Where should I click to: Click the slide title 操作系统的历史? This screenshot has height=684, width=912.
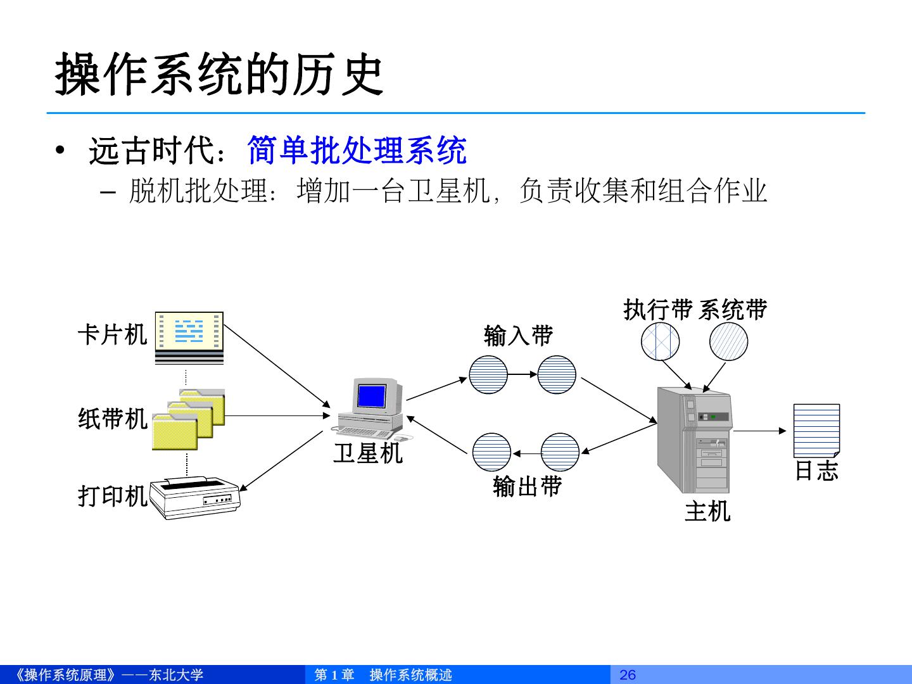[x=219, y=75]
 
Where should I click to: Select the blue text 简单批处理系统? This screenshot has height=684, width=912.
[x=357, y=151]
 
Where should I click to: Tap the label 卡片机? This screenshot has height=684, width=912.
[x=113, y=334]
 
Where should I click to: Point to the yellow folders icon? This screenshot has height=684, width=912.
[x=189, y=419]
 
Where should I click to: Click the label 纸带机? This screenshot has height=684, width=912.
[x=113, y=419]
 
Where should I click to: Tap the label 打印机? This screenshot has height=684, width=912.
[x=113, y=496]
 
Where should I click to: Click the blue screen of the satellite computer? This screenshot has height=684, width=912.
[x=371, y=395]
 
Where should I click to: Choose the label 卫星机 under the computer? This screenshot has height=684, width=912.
[x=368, y=453]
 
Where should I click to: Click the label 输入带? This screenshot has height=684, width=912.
[x=518, y=335]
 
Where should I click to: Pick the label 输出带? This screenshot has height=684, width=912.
[x=527, y=486]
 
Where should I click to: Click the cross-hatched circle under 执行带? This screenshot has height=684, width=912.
[x=660, y=341]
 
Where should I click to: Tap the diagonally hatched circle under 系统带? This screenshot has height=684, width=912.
[x=728, y=341]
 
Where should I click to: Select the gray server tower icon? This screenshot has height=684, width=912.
[x=694, y=440]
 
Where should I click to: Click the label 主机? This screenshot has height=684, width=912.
[x=707, y=511]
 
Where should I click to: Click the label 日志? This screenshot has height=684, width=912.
[x=816, y=471]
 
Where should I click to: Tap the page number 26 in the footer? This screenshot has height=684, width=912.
[x=628, y=674]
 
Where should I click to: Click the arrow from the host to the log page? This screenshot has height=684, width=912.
[x=760, y=431]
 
